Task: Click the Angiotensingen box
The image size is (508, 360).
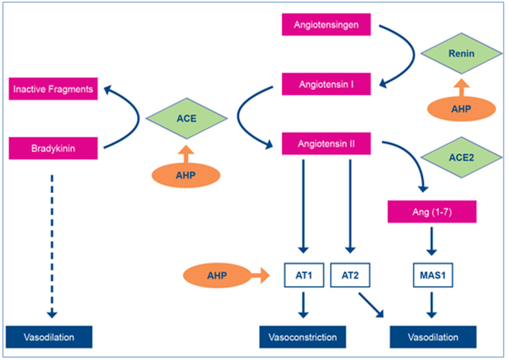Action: point(327,28)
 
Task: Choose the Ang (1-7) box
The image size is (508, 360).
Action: point(433,211)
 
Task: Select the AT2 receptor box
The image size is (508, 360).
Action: point(350,276)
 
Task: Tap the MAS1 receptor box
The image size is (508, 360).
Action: point(433,276)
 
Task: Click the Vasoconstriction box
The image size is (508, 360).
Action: point(303,337)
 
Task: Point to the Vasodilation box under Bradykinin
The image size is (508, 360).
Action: point(50,337)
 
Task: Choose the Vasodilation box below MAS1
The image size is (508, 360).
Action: point(433,337)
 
